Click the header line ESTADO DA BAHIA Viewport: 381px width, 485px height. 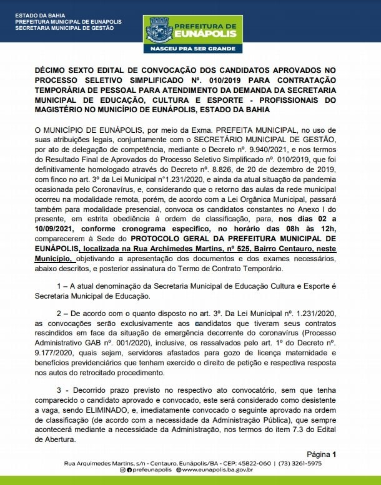[x=36, y=15]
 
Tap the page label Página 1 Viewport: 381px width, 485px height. [x=321, y=454]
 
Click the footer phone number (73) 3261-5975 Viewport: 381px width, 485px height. [x=300, y=463]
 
